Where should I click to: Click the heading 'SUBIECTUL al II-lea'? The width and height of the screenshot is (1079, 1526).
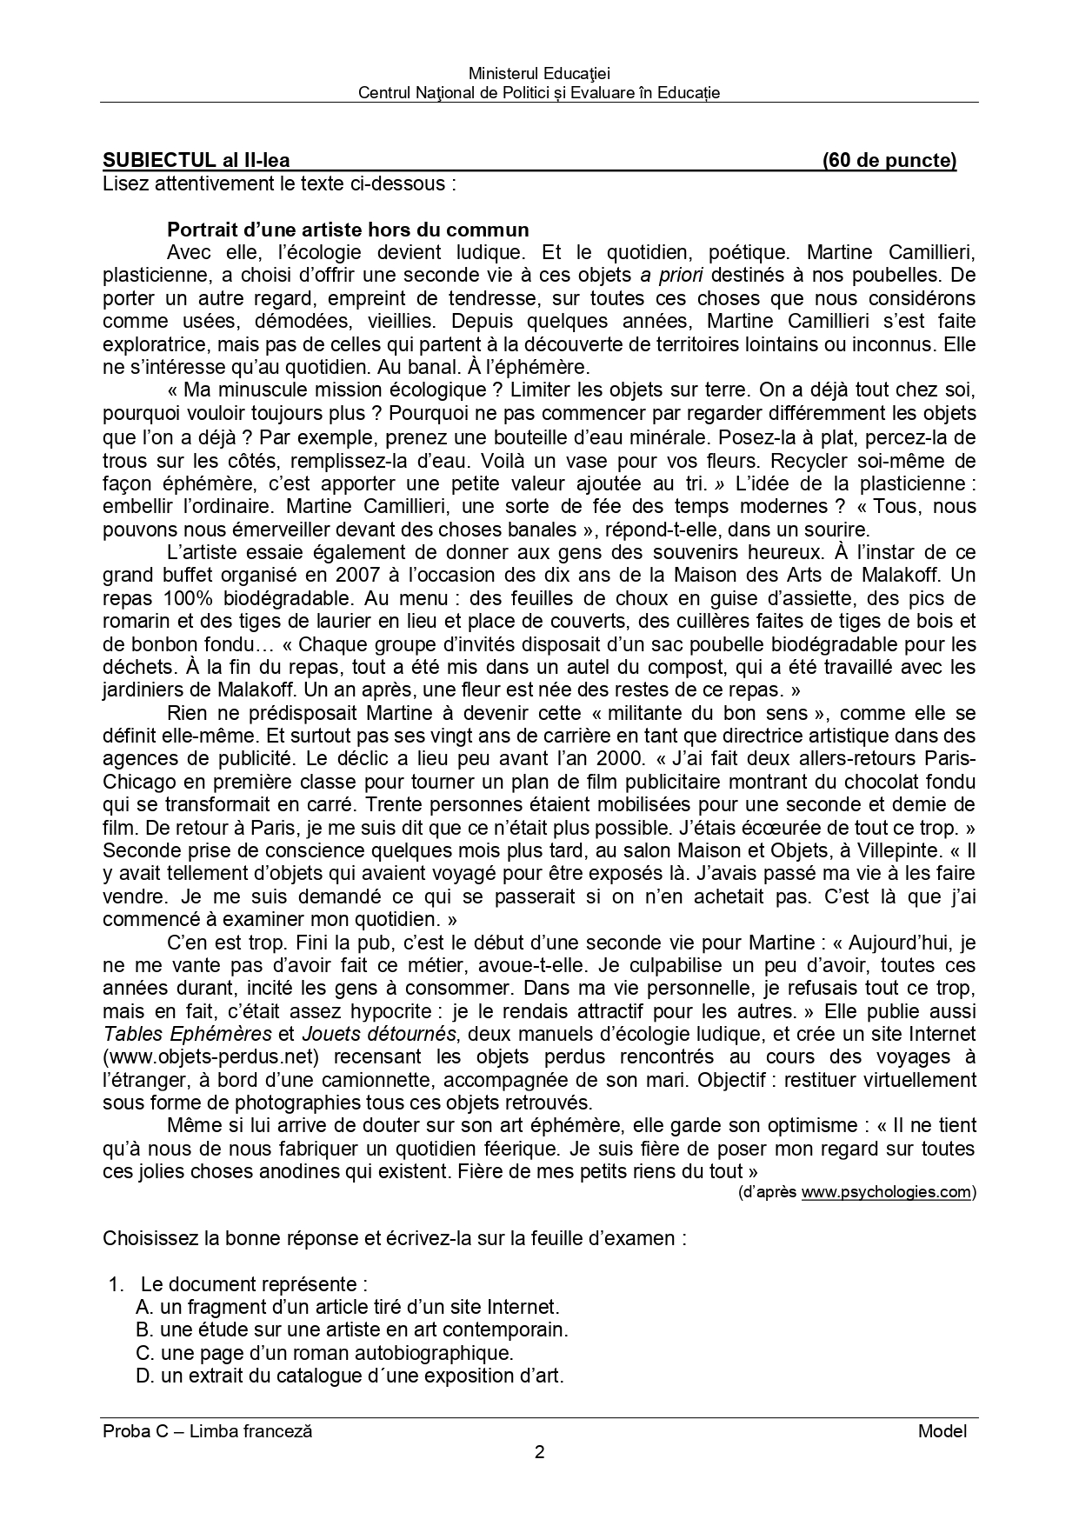click(x=196, y=160)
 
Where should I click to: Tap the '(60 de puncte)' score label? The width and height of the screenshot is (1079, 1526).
click(x=889, y=160)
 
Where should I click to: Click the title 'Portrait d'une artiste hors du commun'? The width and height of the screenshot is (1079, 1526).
click(x=348, y=230)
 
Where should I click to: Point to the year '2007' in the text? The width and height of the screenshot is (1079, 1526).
click(x=358, y=575)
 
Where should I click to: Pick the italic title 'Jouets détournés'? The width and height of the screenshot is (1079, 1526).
click(x=378, y=1034)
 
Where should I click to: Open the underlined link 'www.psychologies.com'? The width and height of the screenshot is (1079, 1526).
click(x=885, y=1192)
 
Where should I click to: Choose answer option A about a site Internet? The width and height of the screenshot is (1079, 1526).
click(x=348, y=1307)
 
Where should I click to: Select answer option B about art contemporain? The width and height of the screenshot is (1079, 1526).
click(x=352, y=1329)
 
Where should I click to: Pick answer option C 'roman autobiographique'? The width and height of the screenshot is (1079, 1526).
click(x=325, y=1353)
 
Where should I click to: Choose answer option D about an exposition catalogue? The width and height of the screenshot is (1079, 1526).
click(x=350, y=1376)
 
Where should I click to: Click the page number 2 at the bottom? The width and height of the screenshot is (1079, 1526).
click(x=539, y=1451)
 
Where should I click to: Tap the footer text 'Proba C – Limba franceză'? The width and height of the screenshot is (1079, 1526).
click(x=207, y=1430)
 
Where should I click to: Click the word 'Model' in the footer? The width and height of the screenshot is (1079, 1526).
click(x=942, y=1430)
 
